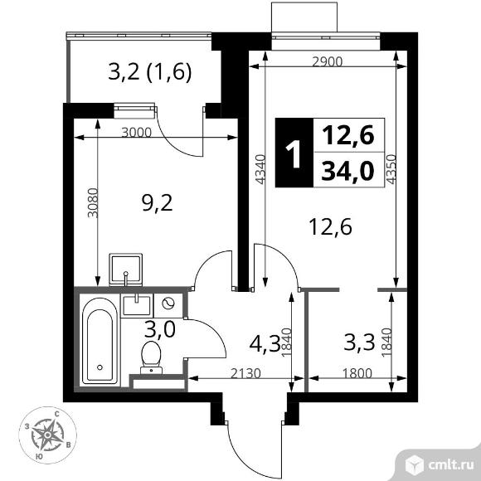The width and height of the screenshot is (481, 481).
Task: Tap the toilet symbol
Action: click(x=152, y=354)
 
